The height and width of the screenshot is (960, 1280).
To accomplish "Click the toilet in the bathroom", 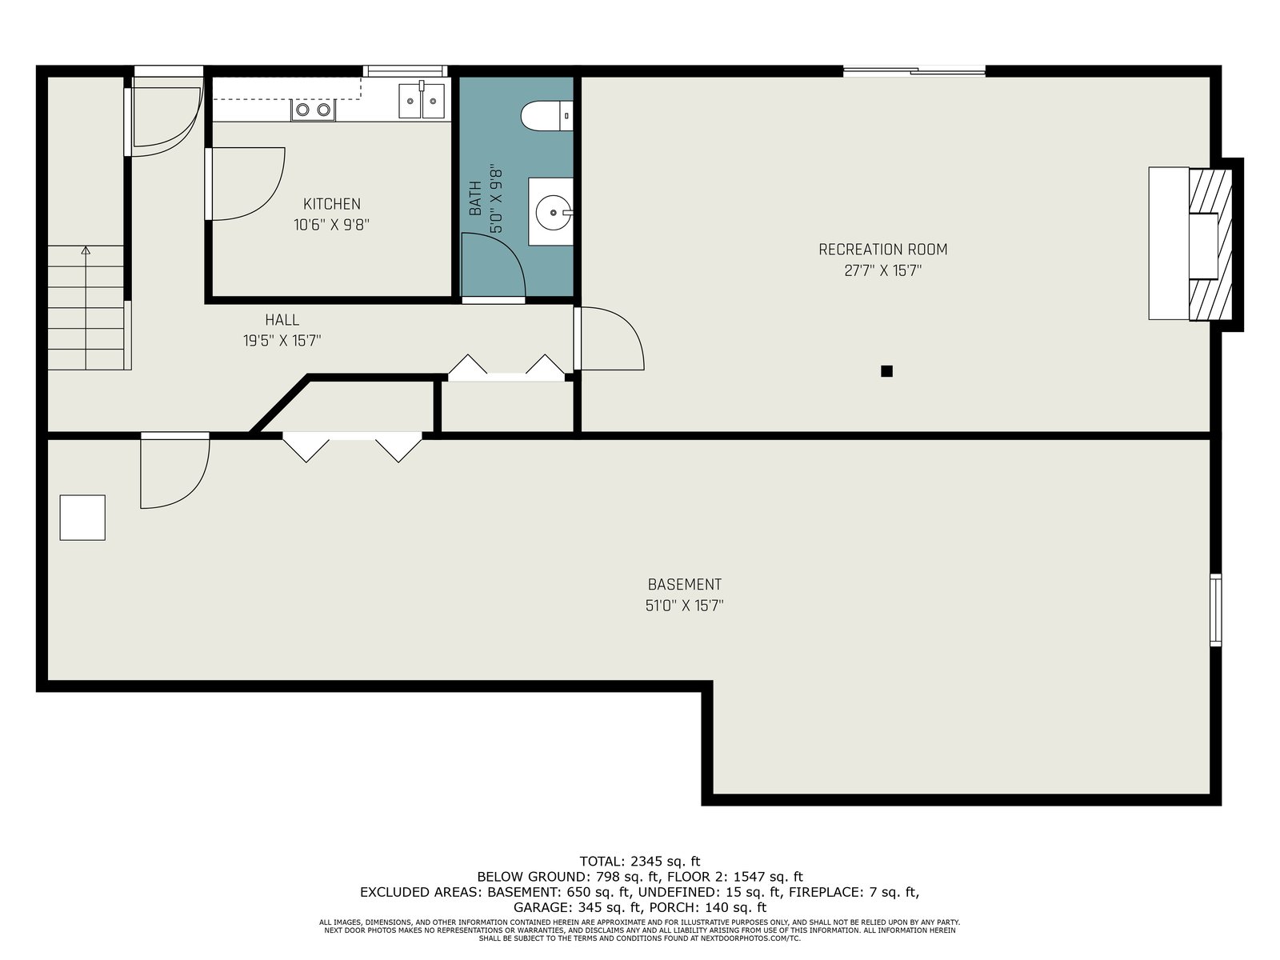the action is tap(546, 115).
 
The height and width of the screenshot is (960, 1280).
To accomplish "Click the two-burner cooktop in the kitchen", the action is tap(313, 110).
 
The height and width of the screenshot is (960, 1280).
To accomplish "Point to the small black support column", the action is tap(886, 371).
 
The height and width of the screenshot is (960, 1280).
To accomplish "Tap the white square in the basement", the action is tap(83, 518).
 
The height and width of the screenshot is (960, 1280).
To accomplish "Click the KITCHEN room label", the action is tap(332, 204).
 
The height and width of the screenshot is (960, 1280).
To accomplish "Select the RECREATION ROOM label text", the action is tap(883, 250).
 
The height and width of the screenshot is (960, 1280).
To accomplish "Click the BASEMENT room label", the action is tap(685, 584).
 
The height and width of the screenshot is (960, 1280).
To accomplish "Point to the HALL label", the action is tap(282, 319).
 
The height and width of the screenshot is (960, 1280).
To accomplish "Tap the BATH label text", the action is tap(476, 198).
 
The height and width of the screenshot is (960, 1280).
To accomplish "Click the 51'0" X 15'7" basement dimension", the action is tap(685, 606).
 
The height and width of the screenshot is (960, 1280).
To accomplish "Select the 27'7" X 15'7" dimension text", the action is tap(883, 271).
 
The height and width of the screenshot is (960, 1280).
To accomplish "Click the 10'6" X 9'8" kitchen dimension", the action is tap(332, 225).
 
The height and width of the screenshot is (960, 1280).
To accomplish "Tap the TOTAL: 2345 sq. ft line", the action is tap(640, 861).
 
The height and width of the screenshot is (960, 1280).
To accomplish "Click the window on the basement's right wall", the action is tap(1216, 610).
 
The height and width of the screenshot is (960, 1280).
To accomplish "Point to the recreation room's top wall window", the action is tap(914, 71).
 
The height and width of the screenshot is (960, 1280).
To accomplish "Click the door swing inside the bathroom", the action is tap(494, 266).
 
